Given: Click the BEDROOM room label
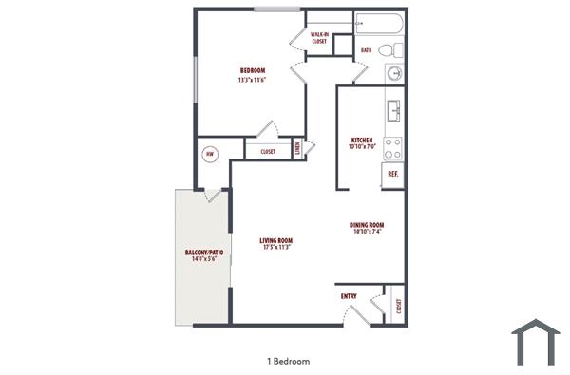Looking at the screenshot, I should [x=252, y=71].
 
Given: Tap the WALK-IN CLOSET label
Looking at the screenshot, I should [x=319, y=38].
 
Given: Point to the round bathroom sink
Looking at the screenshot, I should [x=394, y=73].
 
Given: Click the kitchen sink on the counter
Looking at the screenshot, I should [x=393, y=111].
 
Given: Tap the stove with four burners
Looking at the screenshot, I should [x=393, y=147].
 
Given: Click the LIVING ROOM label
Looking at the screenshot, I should [x=275, y=240].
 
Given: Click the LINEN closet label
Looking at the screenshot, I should [x=298, y=148].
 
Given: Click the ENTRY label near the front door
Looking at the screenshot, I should [x=349, y=296].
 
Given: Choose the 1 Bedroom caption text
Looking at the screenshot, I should [x=288, y=361].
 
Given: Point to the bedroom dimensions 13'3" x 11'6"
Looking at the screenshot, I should [x=252, y=80].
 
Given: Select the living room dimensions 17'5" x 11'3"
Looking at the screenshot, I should [x=275, y=248].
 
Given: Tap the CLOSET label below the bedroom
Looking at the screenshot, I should [x=268, y=150].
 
